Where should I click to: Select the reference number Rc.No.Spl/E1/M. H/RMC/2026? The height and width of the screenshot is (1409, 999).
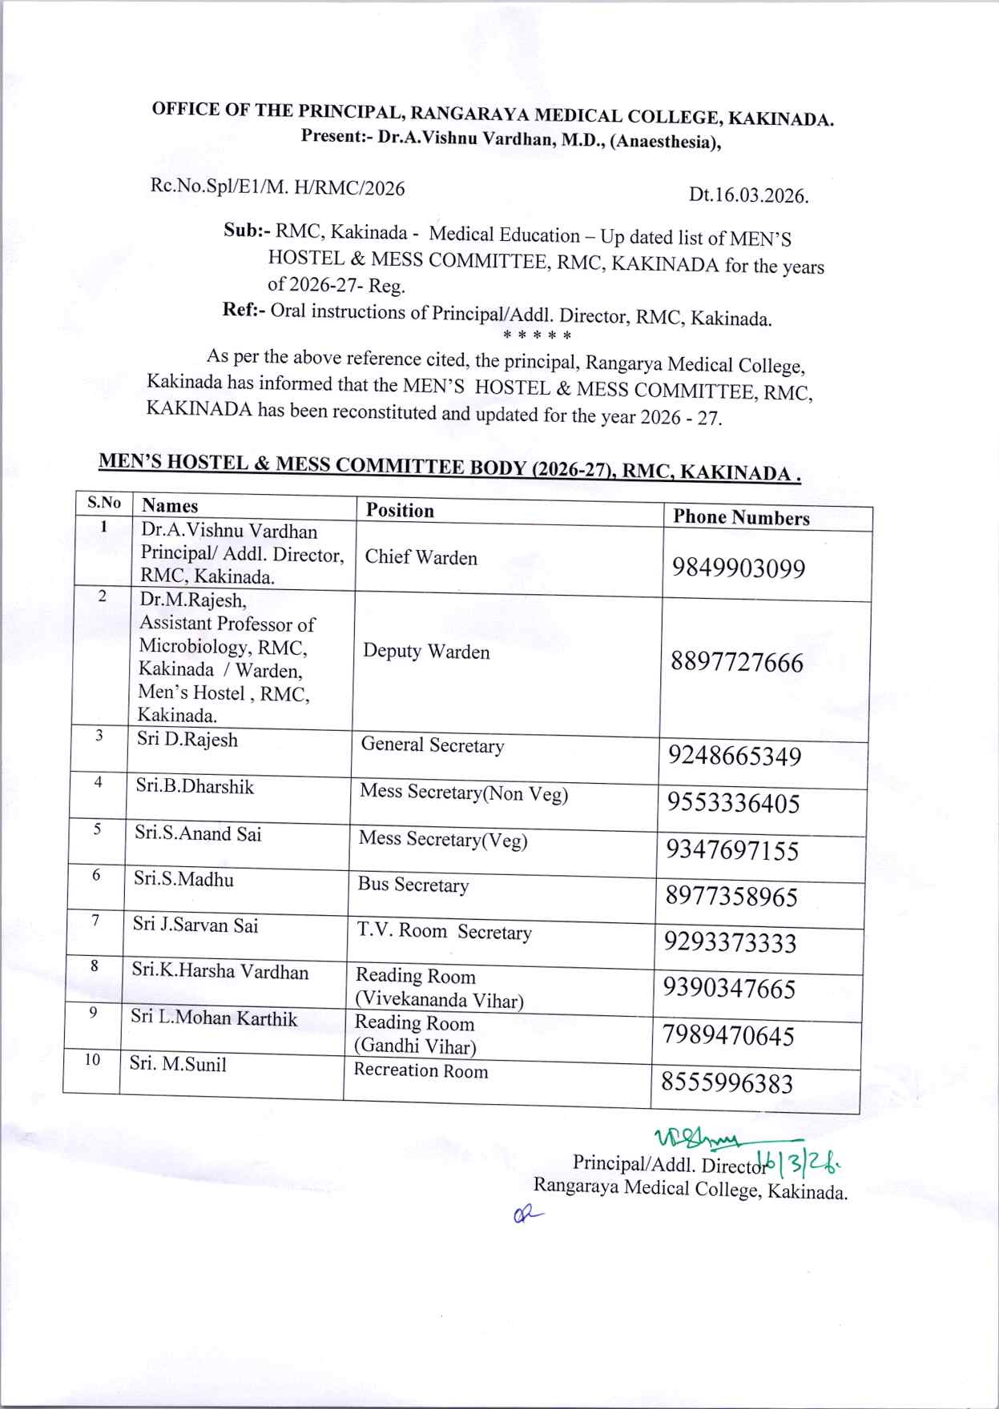tap(277, 188)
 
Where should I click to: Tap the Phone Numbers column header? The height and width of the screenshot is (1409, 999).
tap(741, 518)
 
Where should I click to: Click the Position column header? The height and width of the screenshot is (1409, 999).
tap(400, 511)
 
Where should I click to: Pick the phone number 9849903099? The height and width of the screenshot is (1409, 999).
tap(739, 568)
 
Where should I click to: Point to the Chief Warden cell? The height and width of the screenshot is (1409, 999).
tap(421, 558)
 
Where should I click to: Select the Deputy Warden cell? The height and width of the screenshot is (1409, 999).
tap(425, 652)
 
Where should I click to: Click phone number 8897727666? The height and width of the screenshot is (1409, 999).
tap(737, 663)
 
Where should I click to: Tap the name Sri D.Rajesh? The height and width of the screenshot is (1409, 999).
tap(187, 739)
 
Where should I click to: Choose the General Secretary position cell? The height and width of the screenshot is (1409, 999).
tap(432, 745)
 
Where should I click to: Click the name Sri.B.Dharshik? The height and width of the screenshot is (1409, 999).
tap(195, 786)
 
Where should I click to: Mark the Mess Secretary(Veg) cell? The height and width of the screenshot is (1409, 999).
tap(442, 839)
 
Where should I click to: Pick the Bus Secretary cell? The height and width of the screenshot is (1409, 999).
tap(413, 885)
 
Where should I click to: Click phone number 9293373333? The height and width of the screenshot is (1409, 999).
tap(730, 943)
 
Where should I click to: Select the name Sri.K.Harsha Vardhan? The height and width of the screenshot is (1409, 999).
tap(220, 972)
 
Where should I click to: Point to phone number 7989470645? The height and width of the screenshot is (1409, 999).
tap(728, 1036)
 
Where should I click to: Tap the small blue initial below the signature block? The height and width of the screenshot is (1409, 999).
tap(525, 1216)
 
